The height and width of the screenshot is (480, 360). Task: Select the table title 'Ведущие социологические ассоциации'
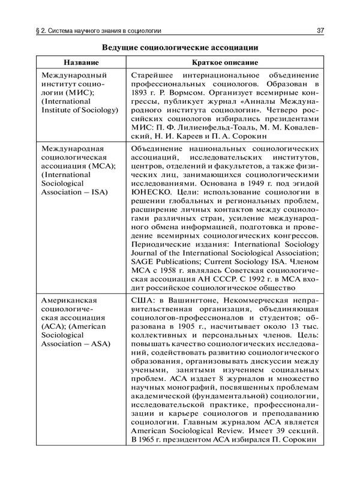click(x=180, y=47)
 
